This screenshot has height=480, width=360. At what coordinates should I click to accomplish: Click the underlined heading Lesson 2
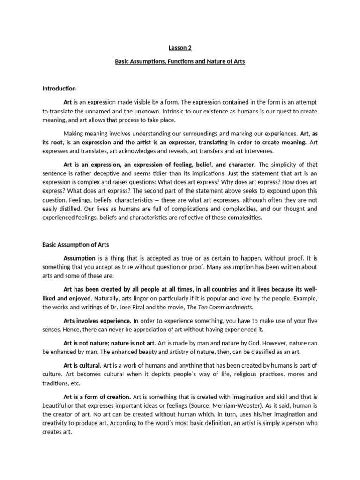click(180, 47)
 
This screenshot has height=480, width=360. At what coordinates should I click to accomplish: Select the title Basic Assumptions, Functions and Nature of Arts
click(180, 61)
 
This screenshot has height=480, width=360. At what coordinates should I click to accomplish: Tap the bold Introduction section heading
click(59, 88)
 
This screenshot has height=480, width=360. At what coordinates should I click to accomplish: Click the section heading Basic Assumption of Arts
click(75, 244)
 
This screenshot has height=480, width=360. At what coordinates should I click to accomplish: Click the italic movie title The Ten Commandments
click(227, 307)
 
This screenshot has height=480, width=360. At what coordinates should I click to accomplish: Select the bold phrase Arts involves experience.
click(97, 321)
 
